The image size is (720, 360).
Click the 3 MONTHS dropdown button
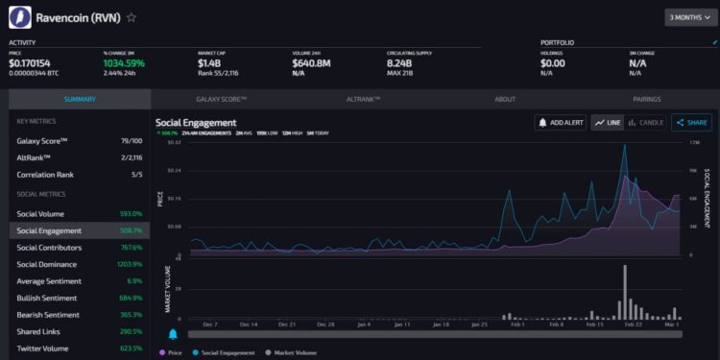690,17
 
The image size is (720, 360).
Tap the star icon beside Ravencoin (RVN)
132,17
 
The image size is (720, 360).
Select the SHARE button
691,123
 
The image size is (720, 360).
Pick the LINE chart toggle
608,123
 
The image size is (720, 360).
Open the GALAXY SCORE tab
222,99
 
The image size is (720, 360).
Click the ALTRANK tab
363,99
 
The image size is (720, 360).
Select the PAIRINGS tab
646,99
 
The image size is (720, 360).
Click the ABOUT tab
505,99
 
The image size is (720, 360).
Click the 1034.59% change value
124,63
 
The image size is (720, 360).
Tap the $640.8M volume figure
311,63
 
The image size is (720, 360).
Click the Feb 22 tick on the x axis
634,324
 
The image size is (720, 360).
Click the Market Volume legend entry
298,353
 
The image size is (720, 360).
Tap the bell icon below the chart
174,334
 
